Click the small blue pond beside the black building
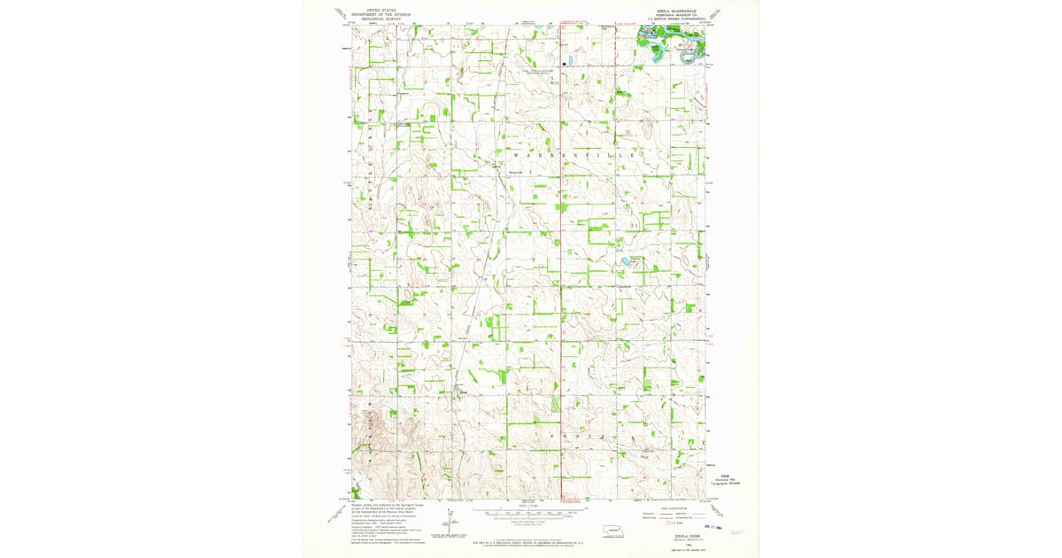pyautogui.click(x=571, y=61)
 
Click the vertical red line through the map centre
pyautogui.click(x=562, y=266)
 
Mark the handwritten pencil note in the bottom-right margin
pyautogui.click(x=740, y=531)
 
